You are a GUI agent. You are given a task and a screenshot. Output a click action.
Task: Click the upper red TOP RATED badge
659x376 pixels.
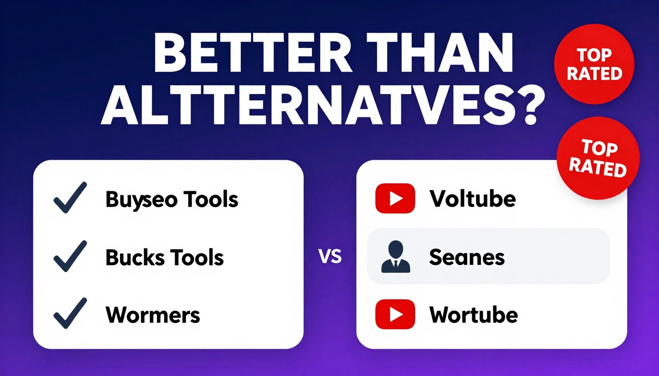point(594,65)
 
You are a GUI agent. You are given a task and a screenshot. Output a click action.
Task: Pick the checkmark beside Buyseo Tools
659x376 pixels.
point(70,197)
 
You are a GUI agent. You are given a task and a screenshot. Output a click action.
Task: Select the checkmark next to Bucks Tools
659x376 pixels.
point(70,256)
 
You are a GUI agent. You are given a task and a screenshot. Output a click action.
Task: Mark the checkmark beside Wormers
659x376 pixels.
point(70,313)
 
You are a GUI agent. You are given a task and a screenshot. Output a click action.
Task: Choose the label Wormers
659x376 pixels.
point(152,315)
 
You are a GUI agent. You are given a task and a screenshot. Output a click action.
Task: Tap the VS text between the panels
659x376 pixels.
point(330,256)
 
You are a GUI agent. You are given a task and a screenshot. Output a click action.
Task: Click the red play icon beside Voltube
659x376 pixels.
point(395,198)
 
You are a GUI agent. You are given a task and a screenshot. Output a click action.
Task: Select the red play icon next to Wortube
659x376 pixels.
point(395,314)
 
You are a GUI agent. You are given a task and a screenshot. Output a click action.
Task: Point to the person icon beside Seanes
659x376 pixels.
point(395,257)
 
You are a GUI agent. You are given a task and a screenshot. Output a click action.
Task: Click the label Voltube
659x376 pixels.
point(472,199)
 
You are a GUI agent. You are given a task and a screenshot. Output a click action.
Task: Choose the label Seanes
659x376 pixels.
point(467,257)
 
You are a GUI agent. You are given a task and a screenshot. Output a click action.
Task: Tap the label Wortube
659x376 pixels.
point(473,315)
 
